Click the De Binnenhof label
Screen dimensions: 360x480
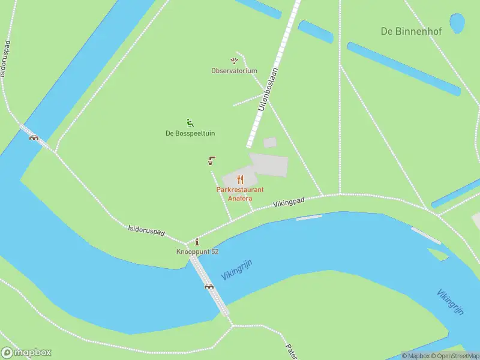tap(411, 31)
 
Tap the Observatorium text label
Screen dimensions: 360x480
tap(234, 71)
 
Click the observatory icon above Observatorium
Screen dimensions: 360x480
tap(234, 61)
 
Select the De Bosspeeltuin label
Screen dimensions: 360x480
tap(190, 133)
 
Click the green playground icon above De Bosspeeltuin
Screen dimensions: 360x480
tap(190, 124)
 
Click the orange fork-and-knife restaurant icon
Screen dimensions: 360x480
tap(240, 179)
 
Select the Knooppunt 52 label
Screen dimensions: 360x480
tap(197, 251)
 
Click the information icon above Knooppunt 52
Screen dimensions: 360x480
tap(197, 242)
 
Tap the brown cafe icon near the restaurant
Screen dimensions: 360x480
tap(212, 160)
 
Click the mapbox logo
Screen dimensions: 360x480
tap(26, 353)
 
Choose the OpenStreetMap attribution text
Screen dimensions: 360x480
tap(454, 356)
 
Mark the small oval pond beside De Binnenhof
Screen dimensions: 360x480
tap(457, 23)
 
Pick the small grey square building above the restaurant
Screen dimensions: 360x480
tap(270, 142)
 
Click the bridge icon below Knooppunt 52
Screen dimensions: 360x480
tap(209, 286)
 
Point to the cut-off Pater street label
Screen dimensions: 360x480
tap(292, 351)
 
